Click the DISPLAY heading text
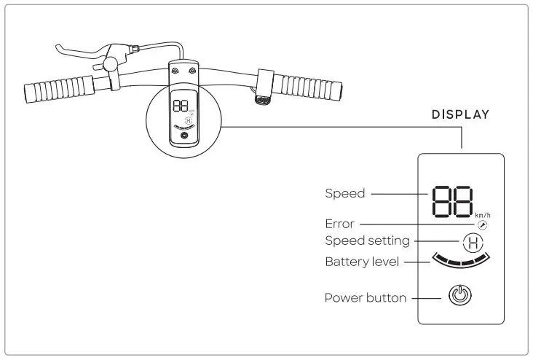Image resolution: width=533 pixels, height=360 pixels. pos(460,114)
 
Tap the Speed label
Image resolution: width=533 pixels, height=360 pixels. pos(344,194)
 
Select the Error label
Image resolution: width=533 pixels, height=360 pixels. pos(339,224)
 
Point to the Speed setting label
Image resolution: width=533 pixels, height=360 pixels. pos(367,240)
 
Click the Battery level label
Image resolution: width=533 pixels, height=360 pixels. pos(362,262)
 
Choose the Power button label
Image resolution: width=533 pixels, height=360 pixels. pos(365,297)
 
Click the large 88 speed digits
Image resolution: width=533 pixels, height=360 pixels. pos(451,200)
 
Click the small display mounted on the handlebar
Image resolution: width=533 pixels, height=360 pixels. pos(183,117)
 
